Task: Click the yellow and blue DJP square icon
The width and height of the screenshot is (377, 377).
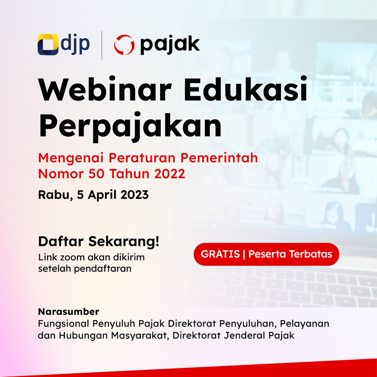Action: pyautogui.click(x=48, y=45)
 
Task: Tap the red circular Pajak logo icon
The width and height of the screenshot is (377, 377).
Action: pyautogui.click(x=124, y=45)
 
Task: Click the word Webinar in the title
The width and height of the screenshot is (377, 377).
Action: pyautogui.click(x=105, y=89)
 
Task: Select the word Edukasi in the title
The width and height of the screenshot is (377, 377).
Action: pyautogui.click(x=246, y=89)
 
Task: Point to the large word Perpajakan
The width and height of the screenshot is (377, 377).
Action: pyautogui.click(x=130, y=126)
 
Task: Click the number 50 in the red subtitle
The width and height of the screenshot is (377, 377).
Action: pyautogui.click(x=96, y=174)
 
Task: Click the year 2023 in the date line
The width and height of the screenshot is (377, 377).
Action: pyautogui.click(x=135, y=195)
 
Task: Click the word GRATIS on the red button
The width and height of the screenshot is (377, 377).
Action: pyautogui.click(x=220, y=254)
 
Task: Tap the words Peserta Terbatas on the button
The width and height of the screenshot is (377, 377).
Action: pyautogui.click(x=290, y=254)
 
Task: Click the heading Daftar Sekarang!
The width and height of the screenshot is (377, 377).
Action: pyautogui.click(x=98, y=241)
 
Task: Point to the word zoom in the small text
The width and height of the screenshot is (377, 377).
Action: pyautogui.click(x=72, y=257)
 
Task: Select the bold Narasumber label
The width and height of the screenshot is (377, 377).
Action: pyautogui.click(x=69, y=312)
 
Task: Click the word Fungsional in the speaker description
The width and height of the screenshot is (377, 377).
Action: pyautogui.click(x=64, y=324)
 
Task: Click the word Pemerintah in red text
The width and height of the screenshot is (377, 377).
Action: pyautogui.click(x=219, y=158)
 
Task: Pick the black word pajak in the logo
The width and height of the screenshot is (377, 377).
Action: pyautogui.click(x=170, y=45)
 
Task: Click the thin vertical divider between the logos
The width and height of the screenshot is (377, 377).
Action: pyautogui.click(x=102, y=45)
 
